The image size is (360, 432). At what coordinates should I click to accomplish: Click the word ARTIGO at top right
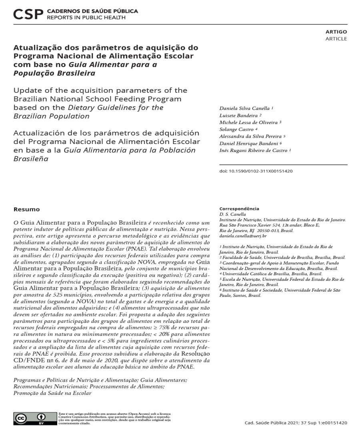point(336,32)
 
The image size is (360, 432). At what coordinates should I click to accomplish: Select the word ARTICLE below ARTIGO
point(336,39)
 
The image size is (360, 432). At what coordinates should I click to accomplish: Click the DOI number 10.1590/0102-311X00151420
point(258,171)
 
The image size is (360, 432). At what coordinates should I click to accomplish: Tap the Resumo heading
point(26,209)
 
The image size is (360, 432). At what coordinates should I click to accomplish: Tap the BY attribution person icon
point(40,418)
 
